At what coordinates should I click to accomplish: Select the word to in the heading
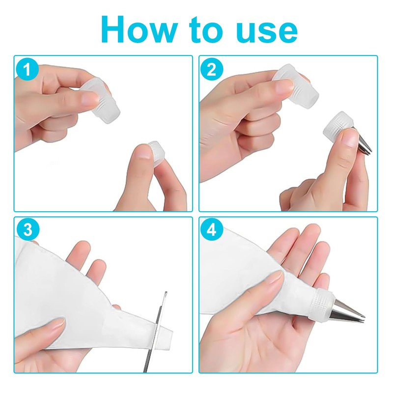pos(206,30)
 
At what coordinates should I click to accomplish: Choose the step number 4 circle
pos(212,229)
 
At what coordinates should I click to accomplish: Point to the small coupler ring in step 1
pos(156,153)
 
